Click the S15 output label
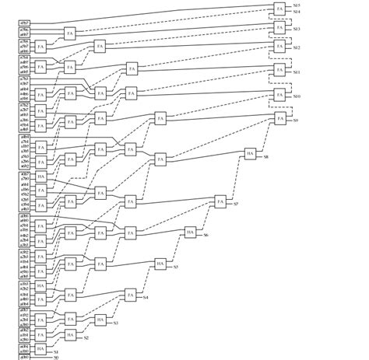click(x=297, y=5)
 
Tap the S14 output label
click(x=297, y=12)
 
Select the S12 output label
click(x=297, y=48)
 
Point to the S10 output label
click(x=297, y=96)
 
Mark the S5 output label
click(x=175, y=267)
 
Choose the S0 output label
click(x=57, y=357)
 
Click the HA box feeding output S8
click(x=250, y=153)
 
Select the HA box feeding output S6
click(x=190, y=232)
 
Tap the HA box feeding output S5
click(x=160, y=264)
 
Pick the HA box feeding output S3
click(x=100, y=320)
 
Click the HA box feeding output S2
click(x=71, y=335)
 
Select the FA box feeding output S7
click(x=220, y=202)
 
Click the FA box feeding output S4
click(x=130, y=294)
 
